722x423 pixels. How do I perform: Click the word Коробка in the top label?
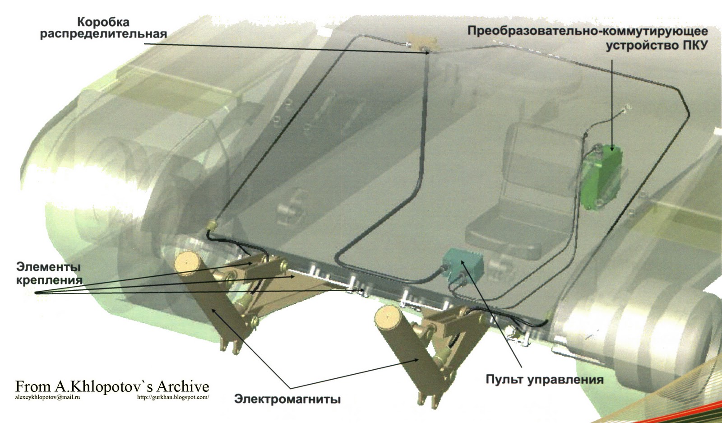[x=103, y=22]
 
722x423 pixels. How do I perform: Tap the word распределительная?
[x=103, y=34]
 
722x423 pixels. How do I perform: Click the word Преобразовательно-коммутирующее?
[x=588, y=31]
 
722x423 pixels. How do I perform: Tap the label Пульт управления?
[x=544, y=380]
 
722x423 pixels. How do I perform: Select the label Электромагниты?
[x=287, y=399]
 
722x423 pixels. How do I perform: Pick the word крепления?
[x=49, y=280]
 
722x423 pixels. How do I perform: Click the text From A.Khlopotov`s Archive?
[x=112, y=386]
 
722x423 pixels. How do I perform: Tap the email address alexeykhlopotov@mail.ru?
[x=47, y=397]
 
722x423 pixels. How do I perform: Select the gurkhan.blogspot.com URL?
[x=173, y=397]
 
